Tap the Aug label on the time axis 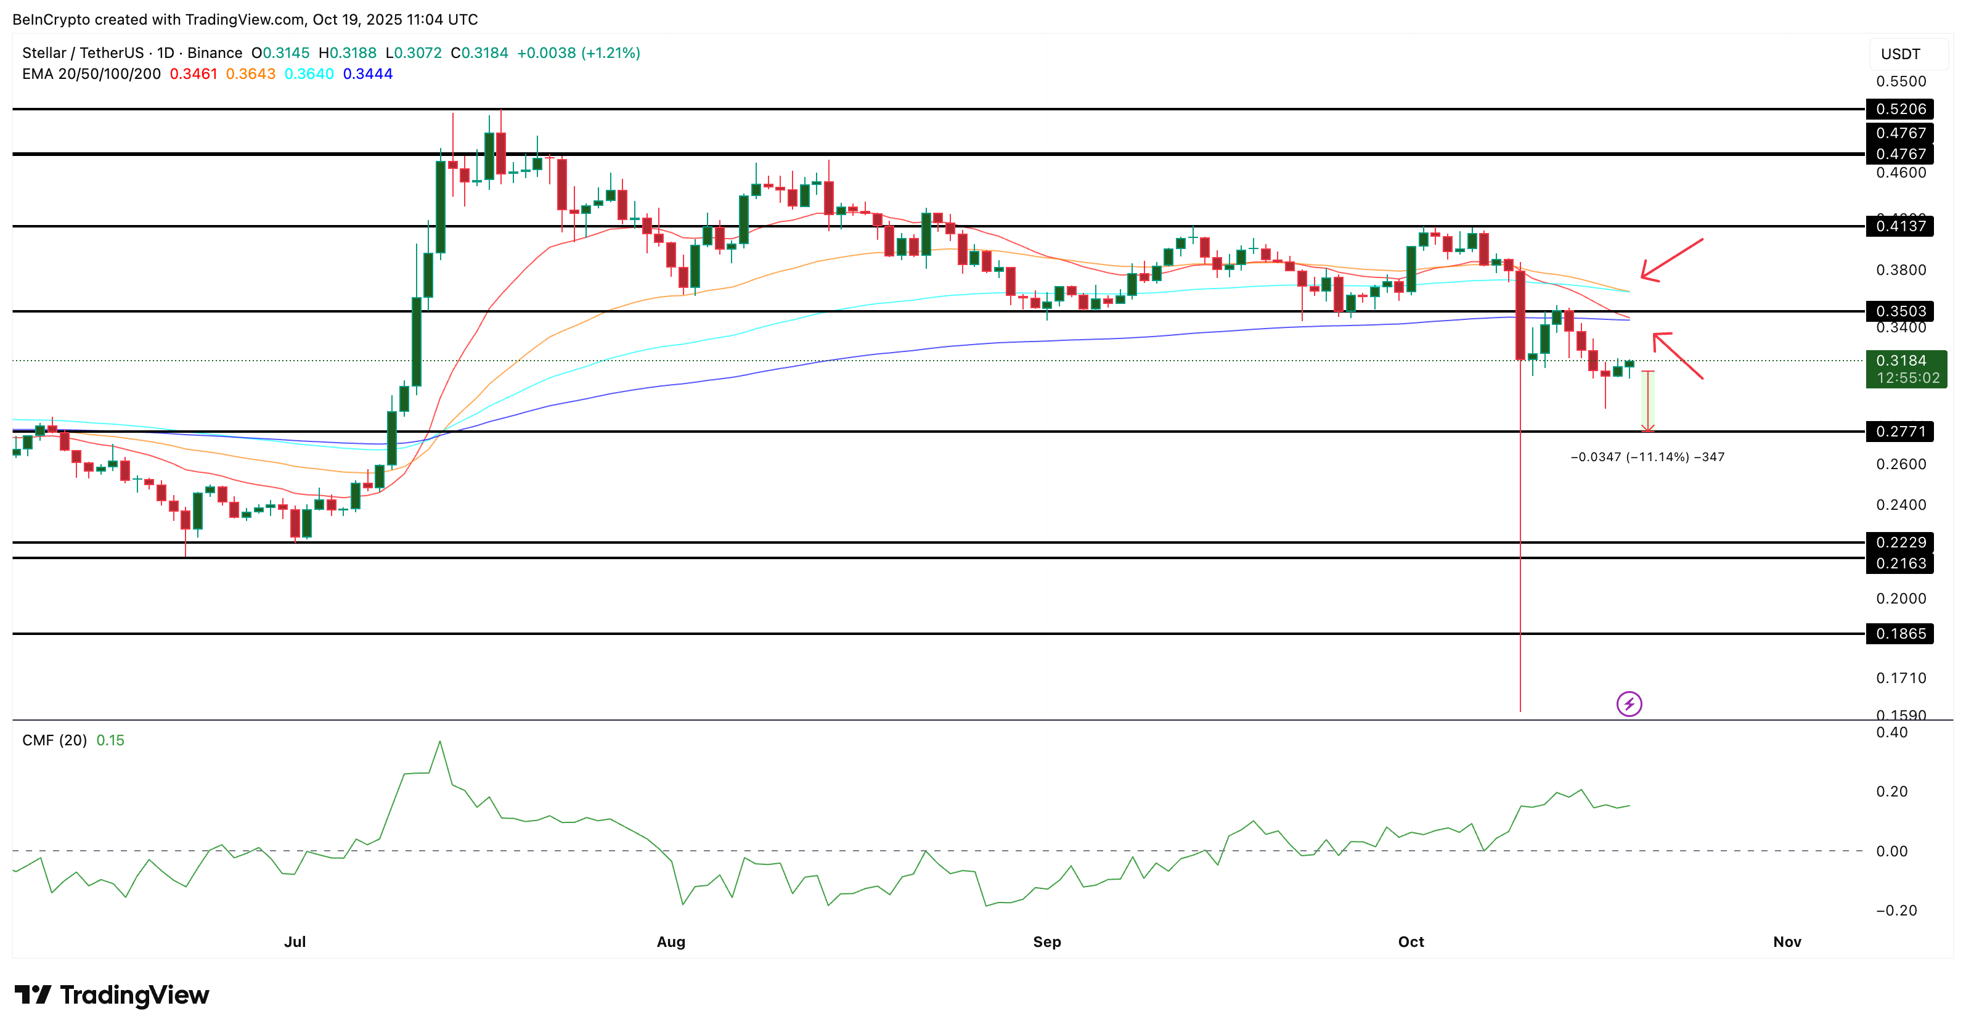coord(671,942)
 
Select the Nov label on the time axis coord(1787,942)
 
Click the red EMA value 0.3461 coord(193,74)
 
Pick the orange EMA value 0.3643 coord(250,74)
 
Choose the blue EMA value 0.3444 coord(367,74)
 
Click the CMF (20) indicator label coord(54,740)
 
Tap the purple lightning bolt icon coord(1629,704)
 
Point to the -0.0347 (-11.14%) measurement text coord(1647,457)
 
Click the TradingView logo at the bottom coord(112,996)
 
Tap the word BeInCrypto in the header coord(51,20)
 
